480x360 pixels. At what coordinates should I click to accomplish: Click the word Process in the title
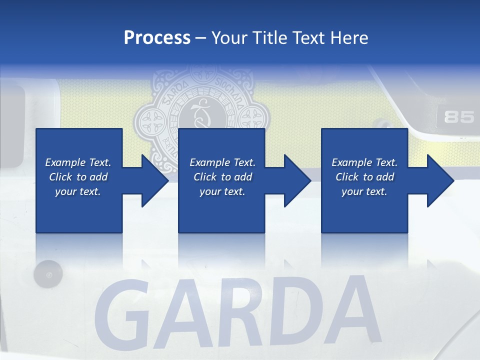[157, 37]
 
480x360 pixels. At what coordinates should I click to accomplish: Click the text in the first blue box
[78, 177]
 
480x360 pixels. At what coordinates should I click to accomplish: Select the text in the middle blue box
[222, 177]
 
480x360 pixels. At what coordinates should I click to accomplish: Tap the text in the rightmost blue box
[364, 177]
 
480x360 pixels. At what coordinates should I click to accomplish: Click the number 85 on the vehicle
[458, 117]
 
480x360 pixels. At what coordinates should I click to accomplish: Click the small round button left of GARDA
[48, 274]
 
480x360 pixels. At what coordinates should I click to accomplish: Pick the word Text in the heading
[306, 37]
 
